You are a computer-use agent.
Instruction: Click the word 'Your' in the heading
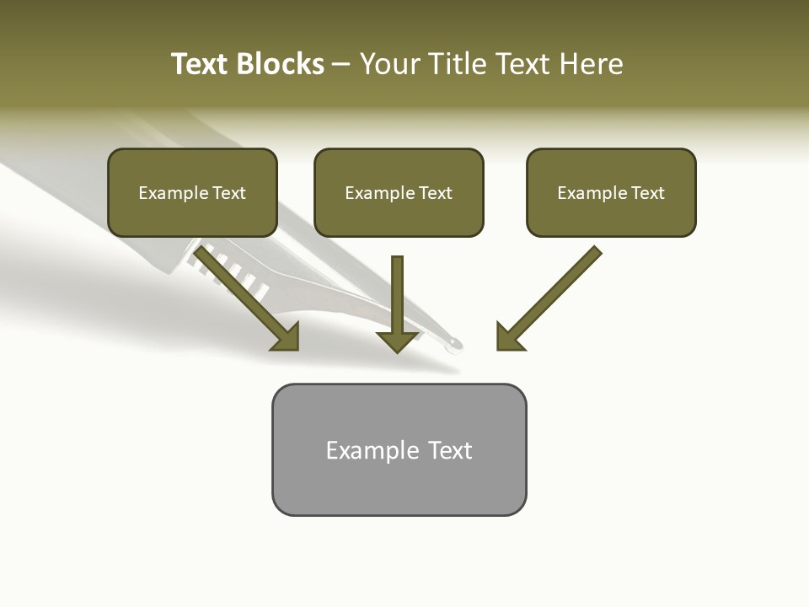tap(390, 64)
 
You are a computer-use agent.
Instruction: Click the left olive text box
tap(192, 193)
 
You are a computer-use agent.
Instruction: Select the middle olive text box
tap(399, 193)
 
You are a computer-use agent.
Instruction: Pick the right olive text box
tap(611, 193)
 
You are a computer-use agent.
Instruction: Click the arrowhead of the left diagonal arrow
tap(287, 337)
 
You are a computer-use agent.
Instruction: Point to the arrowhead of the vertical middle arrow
tap(398, 341)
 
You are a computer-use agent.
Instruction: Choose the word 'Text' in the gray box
tap(451, 450)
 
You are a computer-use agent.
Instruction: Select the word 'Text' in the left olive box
tap(229, 193)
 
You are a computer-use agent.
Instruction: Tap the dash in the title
tap(341, 65)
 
